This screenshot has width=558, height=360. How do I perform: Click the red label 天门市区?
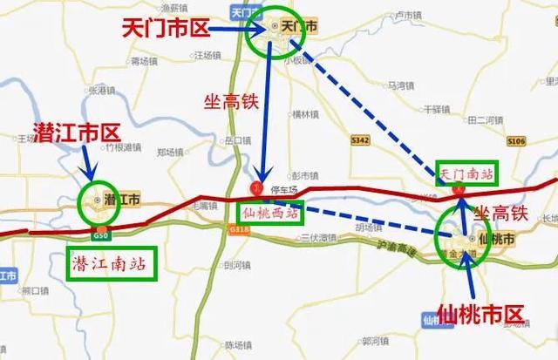167,30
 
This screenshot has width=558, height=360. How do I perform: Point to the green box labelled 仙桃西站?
269,212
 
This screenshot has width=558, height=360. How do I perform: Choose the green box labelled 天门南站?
466,173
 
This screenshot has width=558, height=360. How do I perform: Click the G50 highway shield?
101,236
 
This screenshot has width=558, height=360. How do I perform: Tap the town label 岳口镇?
238,139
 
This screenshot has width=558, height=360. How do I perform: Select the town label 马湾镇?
402,85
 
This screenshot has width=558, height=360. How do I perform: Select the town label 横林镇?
308,114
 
